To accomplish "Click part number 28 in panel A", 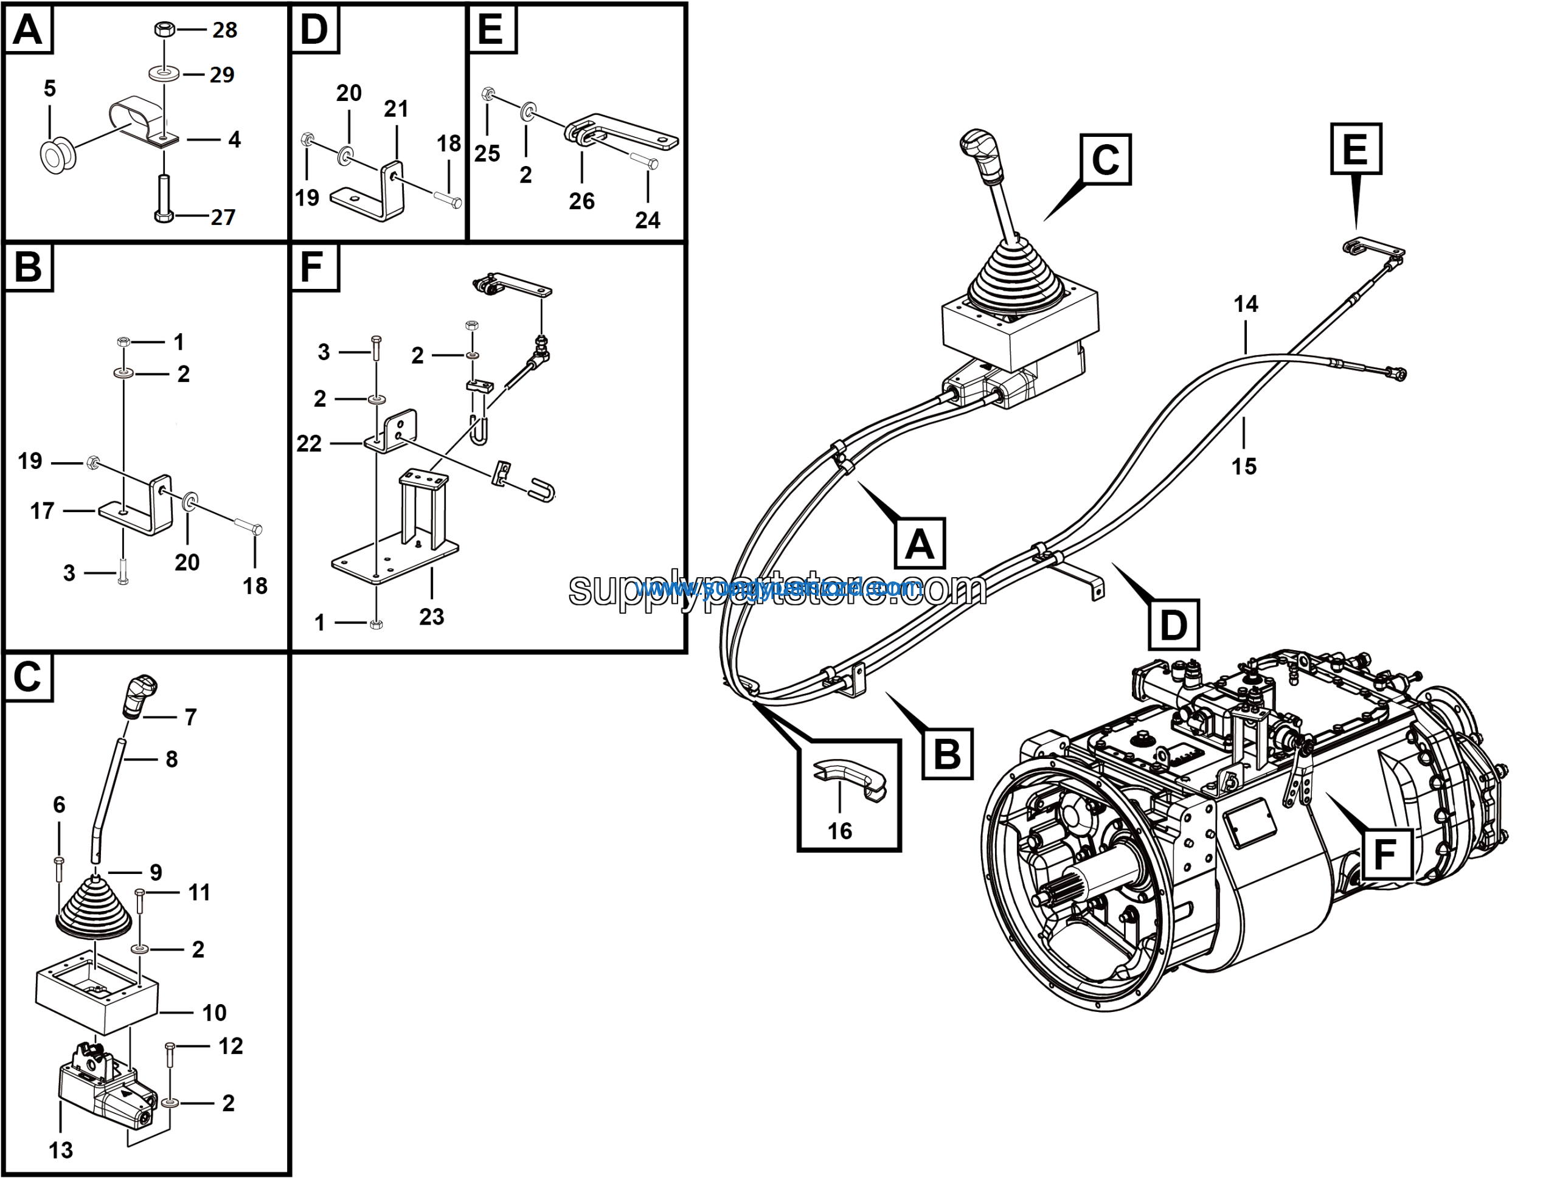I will click(224, 30).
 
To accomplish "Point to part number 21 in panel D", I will click(395, 109).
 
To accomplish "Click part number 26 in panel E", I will click(581, 201).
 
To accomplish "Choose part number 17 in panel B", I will click(42, 511).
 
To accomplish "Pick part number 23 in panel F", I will click(431, 617).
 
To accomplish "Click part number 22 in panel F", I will click(309, 443).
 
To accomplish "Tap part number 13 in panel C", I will click(61, 1150).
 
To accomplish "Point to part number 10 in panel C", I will click(214, 1013).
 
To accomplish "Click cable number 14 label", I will click(1245, 304).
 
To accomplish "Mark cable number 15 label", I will click(1244, 466).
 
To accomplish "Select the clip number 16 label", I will click(840, 831).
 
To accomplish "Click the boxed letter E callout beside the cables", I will click(1356, 149).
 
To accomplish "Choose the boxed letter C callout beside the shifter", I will click(1105, 160).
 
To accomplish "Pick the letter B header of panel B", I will click(28, 268).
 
